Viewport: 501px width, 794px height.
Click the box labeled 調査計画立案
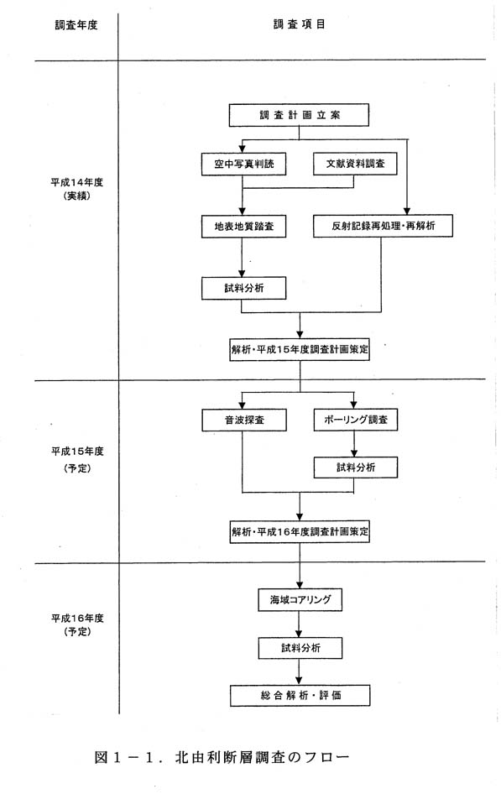pyautogui.click(x=299, y=115)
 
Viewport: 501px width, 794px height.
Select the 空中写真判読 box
pyautogui.click(x=244, y=164)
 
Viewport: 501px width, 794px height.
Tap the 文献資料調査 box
pyautogui.click(x=355, y=164)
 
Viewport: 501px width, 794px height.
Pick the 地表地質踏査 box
pyautogui.click(x=243, y=227)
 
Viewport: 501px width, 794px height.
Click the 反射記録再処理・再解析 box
pyautogui.click(x=383, y=226)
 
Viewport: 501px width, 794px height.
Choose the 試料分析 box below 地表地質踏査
pyautogui.click(x=243, y=288)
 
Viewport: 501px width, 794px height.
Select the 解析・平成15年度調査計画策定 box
pyautogui.click(x=300, y=349)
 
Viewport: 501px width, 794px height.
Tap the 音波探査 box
pyautogui.click(x=244, y=420)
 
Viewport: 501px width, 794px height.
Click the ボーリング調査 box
pyautogui.click(x=355, y=420)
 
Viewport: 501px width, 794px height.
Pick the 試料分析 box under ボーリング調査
pyautogui.click(x=355, y=468)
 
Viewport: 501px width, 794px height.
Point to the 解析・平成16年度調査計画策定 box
pyautogui.click(x=300, y=531)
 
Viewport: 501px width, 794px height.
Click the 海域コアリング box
pyautogui.click(x=300, y=599)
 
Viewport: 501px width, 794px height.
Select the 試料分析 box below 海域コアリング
pyautogui.click(x=300, y=648)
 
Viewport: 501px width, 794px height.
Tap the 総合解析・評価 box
pyautogui.click(x=300, y=695)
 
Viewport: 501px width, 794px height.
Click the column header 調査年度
pyautogui.click(x=76, y=25)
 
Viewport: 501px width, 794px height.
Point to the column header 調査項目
pyautogui.click(x=300, y=24)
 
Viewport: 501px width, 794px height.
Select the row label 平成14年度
pyautogui.click(x=76, y=183)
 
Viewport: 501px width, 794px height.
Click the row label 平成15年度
pyautogui.click(x=77, y=452)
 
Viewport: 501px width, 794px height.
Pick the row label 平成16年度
pyautogui.click(x=77, y=618)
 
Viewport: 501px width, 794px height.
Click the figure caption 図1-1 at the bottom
pyautogui.click(x=222, y=758)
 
